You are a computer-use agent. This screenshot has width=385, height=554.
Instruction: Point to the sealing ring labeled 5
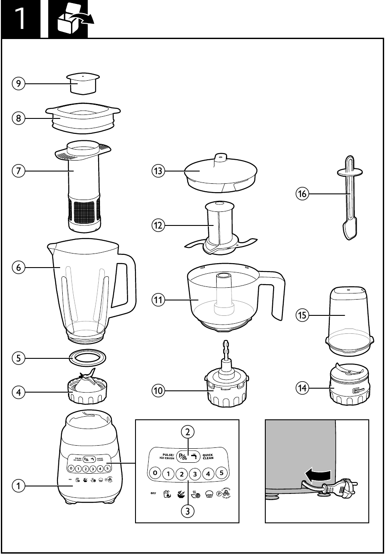[88, 357]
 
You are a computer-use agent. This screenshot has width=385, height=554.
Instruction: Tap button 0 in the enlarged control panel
[154, 473]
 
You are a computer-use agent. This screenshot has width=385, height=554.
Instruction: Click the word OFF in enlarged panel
[153, 493]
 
